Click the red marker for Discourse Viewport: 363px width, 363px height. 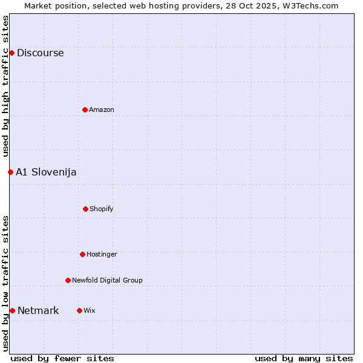[11, 53]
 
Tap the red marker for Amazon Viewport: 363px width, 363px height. [85, 110]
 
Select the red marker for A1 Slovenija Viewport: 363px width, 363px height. [10, 172]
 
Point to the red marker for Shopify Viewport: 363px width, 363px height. [85, 209]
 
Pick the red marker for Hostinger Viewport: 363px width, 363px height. [82, 254]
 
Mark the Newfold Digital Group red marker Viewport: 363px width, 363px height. [68, 280]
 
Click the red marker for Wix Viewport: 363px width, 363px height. [79, 310]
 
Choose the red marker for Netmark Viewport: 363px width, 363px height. [12, 310]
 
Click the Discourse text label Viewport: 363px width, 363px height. [40, 53]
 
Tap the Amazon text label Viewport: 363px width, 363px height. [102, 110]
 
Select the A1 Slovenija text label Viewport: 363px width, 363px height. [46, 172]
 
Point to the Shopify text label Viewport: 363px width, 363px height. [102, 209]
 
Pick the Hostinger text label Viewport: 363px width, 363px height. [102, 254]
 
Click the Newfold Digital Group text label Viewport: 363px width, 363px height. [107, 280]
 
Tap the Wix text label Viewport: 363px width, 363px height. [89, 310]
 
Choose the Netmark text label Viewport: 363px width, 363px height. [38, 310]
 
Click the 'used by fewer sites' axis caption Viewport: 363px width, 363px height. [62, 358]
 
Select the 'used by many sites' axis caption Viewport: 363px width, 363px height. [304, 358]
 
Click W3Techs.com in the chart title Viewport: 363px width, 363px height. [309, 5]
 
